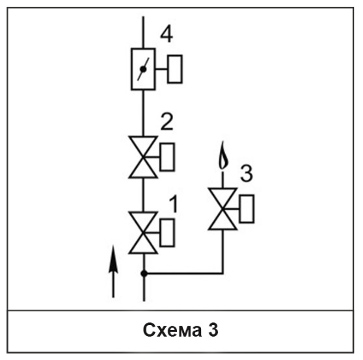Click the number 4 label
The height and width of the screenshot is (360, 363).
pos(167,34)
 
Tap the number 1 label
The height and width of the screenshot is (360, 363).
pos(174,204)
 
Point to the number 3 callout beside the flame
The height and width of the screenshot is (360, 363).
pos(247,174)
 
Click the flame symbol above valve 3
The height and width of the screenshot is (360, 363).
pos(223,155)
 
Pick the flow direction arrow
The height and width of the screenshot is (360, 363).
pos(113,272)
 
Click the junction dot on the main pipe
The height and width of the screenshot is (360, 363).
pos(144,274)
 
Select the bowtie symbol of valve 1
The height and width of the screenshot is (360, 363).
pos(143,233)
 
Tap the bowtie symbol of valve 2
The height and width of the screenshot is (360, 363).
pos(143,157)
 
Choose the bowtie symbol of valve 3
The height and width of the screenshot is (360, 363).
pos(222,209)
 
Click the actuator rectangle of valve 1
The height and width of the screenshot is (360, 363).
pos(167,233)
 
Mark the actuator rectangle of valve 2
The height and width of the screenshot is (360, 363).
pos(167,157)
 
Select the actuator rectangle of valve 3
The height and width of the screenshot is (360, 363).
pos(247,209)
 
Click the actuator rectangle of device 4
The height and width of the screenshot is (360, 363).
pos(175,69)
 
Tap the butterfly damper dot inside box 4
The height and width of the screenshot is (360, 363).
pos(143,69)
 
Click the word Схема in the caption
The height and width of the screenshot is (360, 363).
pos(172,330)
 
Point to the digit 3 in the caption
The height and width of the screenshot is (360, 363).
pos(213,330)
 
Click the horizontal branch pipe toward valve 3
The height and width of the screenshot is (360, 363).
pos(183,274)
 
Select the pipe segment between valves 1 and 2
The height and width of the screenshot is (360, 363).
pos(143,195)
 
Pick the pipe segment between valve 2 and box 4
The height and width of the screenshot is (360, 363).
pos(143,113)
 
